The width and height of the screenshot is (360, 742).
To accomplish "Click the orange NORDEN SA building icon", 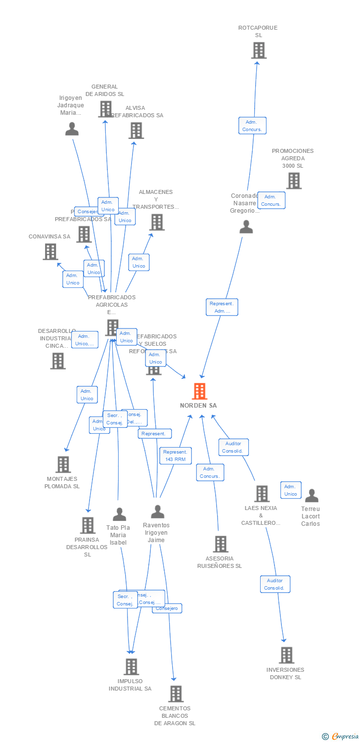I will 199,391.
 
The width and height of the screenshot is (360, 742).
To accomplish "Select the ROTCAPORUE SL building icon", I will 258,50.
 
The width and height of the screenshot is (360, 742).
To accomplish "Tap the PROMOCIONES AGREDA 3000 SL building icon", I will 294,181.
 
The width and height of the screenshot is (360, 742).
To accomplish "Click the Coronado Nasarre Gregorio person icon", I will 246,227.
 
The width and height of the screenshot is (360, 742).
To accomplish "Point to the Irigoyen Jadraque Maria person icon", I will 72,129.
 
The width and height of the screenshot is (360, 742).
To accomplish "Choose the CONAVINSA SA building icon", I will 50,252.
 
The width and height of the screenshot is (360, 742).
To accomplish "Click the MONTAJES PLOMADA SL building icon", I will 63,464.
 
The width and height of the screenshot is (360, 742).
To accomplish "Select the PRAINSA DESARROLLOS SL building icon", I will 88,525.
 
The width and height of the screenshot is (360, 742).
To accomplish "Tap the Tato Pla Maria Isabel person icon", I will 119,514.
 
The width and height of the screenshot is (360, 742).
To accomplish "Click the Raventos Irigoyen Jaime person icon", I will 157,511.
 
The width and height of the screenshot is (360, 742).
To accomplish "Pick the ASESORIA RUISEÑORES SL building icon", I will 221,544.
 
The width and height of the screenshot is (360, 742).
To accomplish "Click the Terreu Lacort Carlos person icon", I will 312,495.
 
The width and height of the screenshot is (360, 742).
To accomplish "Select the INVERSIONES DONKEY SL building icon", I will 286,655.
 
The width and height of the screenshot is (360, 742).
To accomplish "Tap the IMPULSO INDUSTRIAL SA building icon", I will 131,667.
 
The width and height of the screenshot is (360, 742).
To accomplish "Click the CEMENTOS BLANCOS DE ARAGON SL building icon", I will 176,694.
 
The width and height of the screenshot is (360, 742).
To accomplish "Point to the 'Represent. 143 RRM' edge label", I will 176,456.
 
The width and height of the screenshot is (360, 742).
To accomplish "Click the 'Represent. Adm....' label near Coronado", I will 222,307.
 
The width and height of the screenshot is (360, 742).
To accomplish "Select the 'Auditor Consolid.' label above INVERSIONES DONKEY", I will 275,584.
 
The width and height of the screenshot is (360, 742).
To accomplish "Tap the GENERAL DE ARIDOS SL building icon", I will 105,109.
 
